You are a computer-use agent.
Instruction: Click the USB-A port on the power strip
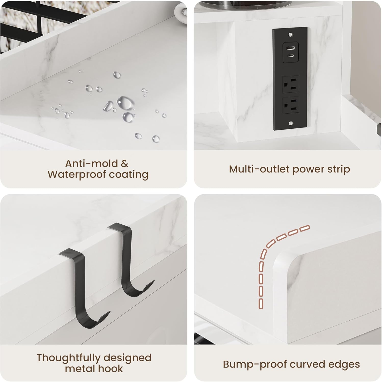click(x=290, y=48)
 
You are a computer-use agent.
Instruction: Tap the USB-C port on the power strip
click(x=290, y=56)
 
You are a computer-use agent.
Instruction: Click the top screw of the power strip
click(x=290, y=34)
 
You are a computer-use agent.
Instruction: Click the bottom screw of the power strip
click(x=290, y=124)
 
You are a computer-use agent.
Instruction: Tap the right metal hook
click(x=128, y=262)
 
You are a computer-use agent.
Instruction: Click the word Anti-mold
click(x=91, y=163)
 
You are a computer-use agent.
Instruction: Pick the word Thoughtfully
click(x=68, y=358)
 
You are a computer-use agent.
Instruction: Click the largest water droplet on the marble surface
click(x=125, y=102)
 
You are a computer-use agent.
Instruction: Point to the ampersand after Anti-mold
click(x=124, y=163)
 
